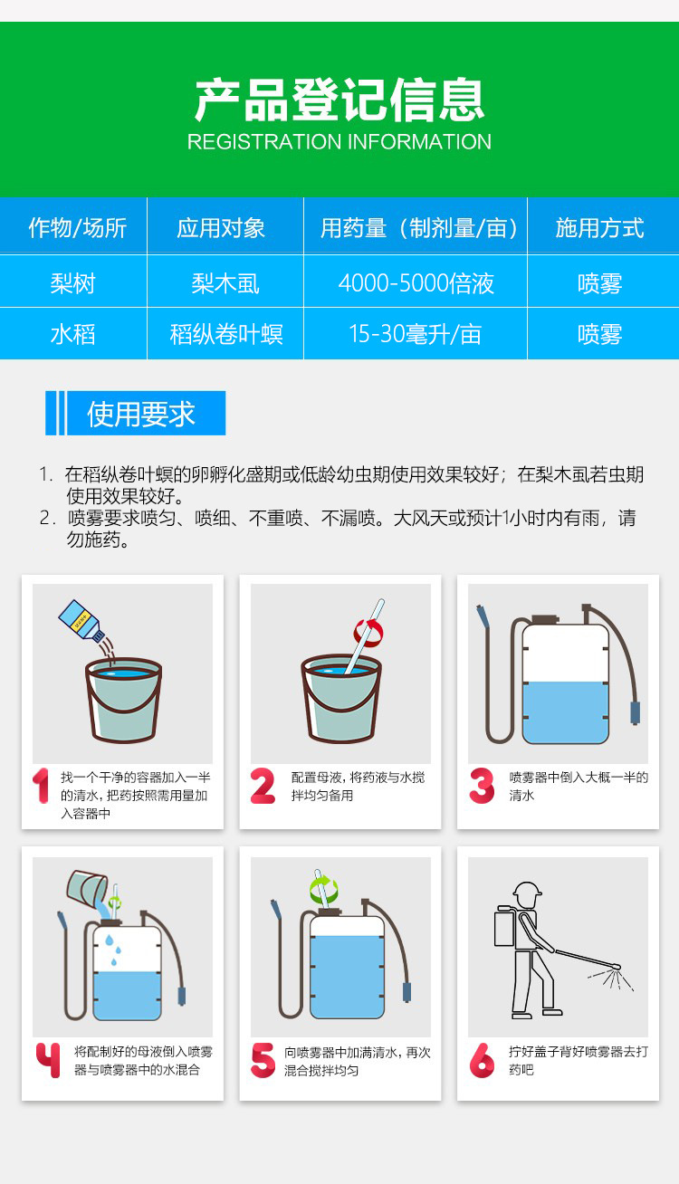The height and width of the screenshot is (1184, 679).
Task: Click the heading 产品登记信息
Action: coord(339,100)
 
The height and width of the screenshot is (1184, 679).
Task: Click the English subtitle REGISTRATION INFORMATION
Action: coord(339,141)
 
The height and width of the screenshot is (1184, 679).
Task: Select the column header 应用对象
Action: coord(221,228)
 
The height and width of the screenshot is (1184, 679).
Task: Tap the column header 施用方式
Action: coord(599,228)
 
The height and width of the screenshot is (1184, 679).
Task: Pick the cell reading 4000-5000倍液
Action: coord(416,283)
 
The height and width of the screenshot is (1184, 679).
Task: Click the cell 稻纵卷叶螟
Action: coord(225,334)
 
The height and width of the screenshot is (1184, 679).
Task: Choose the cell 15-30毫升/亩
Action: coord(416,334)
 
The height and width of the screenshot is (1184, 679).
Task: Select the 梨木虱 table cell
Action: coord(225,283)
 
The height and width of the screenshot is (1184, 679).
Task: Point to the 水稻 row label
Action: coord(73,334)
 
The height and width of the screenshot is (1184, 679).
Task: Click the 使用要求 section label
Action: coord(141,414)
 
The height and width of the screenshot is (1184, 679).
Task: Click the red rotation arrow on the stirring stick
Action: coord(368,634)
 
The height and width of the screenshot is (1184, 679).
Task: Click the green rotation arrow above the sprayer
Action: coord(323,890)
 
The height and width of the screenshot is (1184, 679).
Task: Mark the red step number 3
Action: coord(482,786)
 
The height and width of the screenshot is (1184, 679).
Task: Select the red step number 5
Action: coord(263,1060)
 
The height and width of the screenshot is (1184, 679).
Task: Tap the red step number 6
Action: coord(482,1060)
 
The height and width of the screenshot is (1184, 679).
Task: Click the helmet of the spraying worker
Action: coord(527,889)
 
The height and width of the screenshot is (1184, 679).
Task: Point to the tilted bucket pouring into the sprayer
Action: coord(87,886)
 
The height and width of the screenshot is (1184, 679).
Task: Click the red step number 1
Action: coord(41,786)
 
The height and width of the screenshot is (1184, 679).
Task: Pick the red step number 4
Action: coord(48,1060)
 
